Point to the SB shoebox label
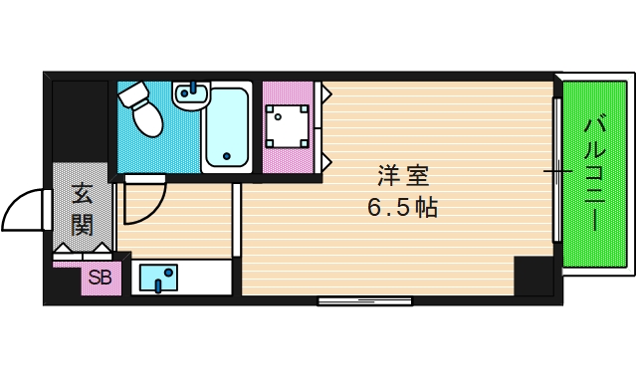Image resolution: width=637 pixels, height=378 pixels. pyautogui.click(x=100, y=278)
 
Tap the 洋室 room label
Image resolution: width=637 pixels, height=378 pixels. pyautogui.click(x=402, y=177)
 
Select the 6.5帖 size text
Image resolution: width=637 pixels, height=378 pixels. pyautogui.click(x=402, y=209)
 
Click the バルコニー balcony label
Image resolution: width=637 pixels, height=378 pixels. pyautogui.click(x=595, y=174)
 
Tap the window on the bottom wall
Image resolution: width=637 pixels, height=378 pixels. pyautogui.click(x=364, y=300)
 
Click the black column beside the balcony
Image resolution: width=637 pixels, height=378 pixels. pyautogui.click(x=533, y=276)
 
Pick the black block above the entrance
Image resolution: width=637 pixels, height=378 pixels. pyautogui.click(x=80, y=119)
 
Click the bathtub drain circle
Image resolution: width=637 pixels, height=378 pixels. pyautogui.click(x=227, y=156)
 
